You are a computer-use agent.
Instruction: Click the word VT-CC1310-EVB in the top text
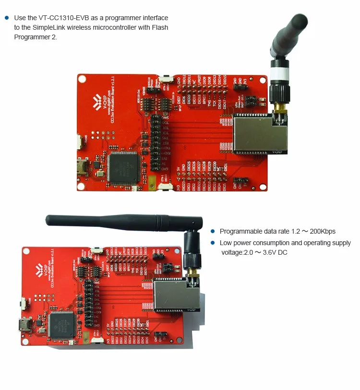point(61,18)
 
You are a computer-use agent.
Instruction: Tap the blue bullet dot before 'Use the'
point(7,18)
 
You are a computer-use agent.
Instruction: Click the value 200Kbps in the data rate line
point(322,231)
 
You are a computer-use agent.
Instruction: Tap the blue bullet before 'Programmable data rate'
point(212,231)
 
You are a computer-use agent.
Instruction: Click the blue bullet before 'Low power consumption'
point(212,243)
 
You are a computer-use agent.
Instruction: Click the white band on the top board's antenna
point(278,74)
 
